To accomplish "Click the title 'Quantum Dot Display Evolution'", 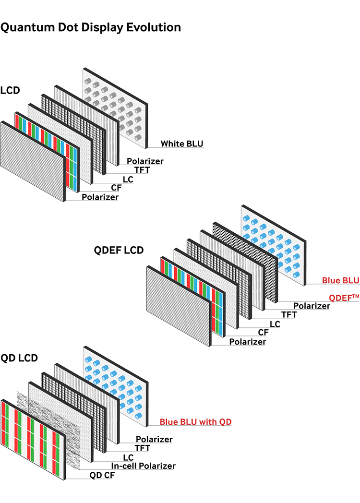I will pos(91,27).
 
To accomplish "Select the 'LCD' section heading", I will pos(11,90).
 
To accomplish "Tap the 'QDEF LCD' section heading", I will pos(119,250).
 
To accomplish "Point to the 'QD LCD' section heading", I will pos(19,358).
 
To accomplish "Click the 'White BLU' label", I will pos(182,144).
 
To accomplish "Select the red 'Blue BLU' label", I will pos(340,281).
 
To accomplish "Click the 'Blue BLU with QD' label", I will pos(196,422).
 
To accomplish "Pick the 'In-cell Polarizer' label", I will pos(143,466).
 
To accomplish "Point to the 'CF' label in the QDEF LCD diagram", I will pos(263,333).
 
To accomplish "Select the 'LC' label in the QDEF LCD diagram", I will pos(275,324).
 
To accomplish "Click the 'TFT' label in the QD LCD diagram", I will pos(143,448).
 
